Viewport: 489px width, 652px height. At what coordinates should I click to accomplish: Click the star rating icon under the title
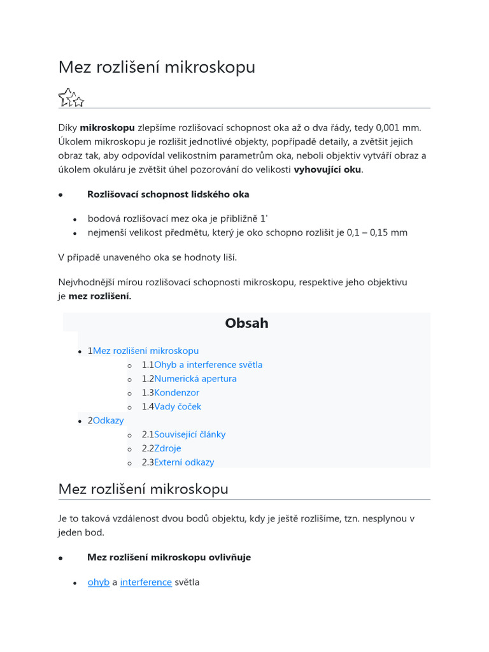(x=71, y=97)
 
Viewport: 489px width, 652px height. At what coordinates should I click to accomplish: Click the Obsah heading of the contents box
(x=246, y=323)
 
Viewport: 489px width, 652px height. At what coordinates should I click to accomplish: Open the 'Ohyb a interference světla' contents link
(x=208, y=365)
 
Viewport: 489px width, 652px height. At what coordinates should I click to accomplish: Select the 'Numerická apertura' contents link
(x=195, y=379)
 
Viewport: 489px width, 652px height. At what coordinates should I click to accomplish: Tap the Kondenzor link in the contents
(x=176, y=393)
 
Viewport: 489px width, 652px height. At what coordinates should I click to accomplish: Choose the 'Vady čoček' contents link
(x=178, y=407)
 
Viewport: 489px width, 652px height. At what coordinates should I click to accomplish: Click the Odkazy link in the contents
(x=108, y=421)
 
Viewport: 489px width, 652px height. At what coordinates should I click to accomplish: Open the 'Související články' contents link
(x=190, y=435)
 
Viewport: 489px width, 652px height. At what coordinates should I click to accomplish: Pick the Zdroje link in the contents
(x=168, y=449)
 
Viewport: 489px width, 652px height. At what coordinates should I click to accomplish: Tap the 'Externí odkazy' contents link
(x=184, y=463)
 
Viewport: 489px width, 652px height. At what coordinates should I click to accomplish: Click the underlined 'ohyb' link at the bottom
(x=98, y=582)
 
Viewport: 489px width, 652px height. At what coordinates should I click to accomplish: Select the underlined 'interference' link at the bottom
(x=146, y=582)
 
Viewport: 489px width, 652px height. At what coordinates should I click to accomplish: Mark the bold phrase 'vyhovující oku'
(x=327, y=170)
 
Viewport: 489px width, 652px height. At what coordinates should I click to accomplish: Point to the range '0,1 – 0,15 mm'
(x=377, y=232)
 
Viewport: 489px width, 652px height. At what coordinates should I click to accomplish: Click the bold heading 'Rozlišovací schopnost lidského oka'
(x=168, y=194)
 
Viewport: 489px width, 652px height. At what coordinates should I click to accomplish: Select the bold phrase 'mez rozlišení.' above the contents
(x=100, y=296)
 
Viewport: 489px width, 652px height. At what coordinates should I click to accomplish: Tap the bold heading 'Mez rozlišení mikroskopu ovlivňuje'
(x=169, y=557)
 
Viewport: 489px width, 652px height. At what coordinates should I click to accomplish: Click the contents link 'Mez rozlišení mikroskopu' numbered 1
(x=146, y=351)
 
